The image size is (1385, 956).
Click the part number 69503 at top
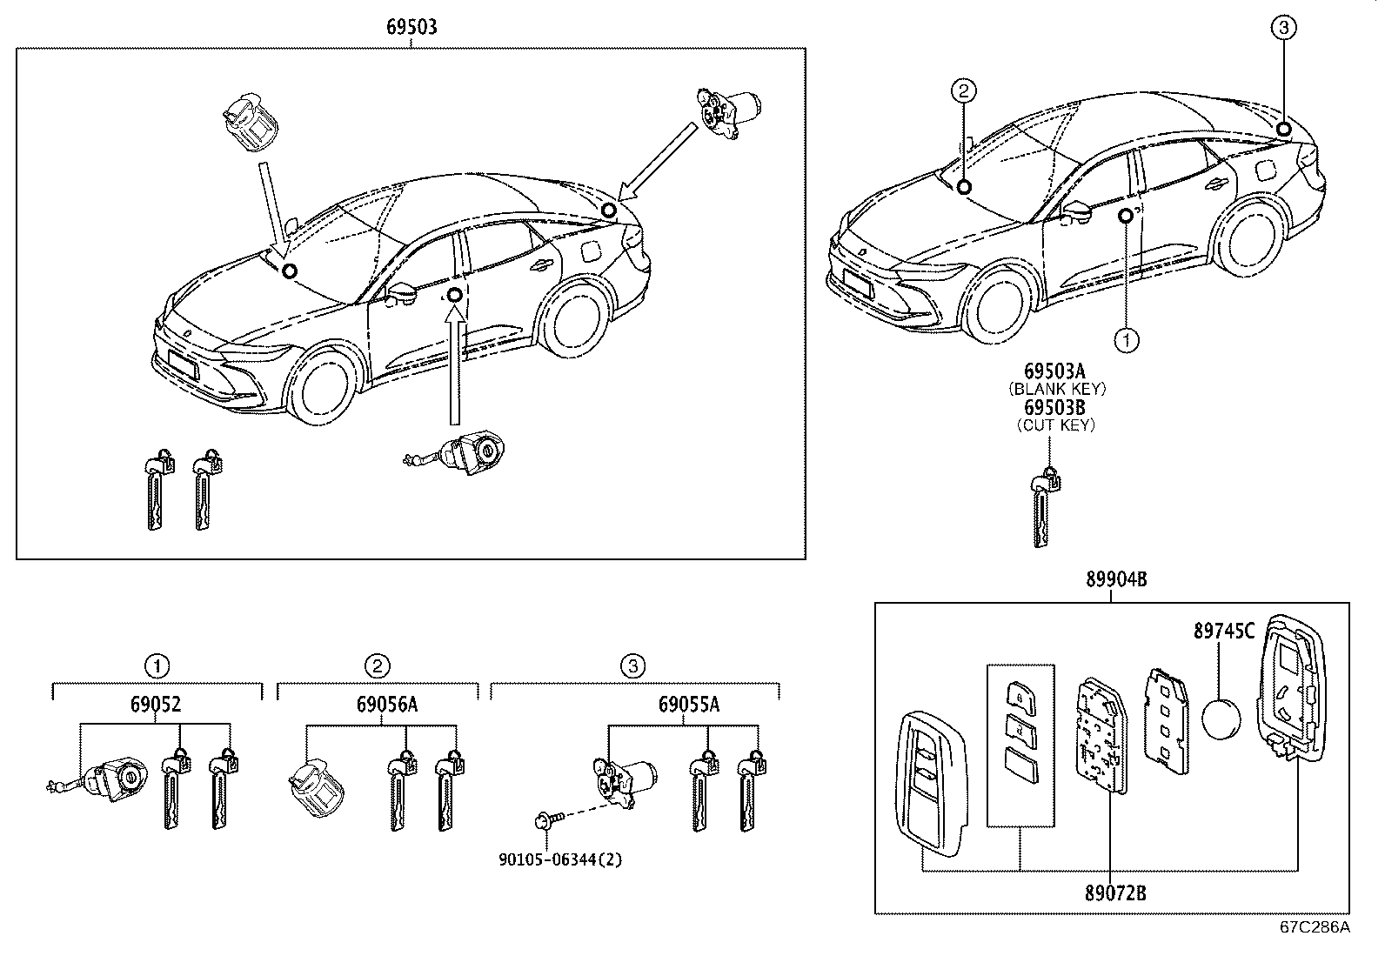click(411, 27)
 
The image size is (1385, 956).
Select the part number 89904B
click(1116, 580)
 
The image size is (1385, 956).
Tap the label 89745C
click(1223, 632)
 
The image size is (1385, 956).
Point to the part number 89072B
click(1115, 892)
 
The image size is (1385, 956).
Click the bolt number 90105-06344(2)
click(561, 859)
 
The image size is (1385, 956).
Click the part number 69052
click(157, 705)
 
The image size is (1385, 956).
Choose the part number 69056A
click(378, 705)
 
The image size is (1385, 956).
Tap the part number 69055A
click(688, 705)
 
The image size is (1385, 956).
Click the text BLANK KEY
click(1057, 390)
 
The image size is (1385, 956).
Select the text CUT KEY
click(1056, 425)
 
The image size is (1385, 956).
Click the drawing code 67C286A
click(1314, 926)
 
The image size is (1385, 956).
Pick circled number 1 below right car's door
click(1127, 340)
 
